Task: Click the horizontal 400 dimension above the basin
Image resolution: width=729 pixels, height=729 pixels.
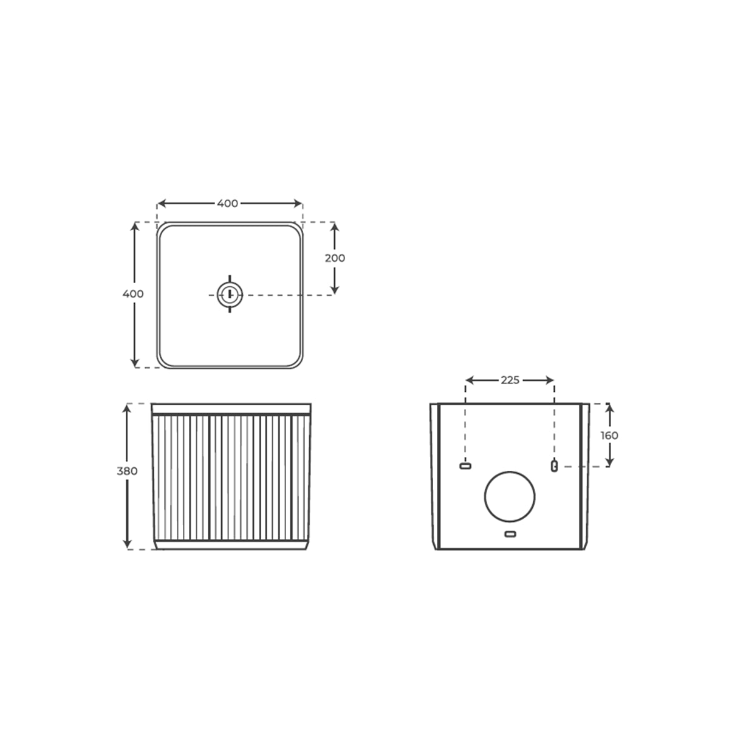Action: (228, 204)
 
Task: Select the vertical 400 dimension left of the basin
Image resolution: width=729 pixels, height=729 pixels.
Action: (133, 294)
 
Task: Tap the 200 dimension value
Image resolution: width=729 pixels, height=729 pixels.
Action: (335, 258)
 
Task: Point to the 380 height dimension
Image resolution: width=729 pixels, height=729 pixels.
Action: (127, 471)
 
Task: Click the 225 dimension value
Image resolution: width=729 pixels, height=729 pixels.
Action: (510, 380)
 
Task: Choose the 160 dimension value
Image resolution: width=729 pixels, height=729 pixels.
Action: (609, 436)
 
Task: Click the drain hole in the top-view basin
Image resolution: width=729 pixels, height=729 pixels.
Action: (230, 295)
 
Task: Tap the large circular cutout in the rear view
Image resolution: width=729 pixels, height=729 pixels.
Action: (510, 497)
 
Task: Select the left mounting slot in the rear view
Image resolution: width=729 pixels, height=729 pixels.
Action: (465, 466)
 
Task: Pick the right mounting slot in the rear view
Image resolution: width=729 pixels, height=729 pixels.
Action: (554, 466)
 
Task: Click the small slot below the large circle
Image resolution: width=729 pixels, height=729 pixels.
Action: (510, 534)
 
